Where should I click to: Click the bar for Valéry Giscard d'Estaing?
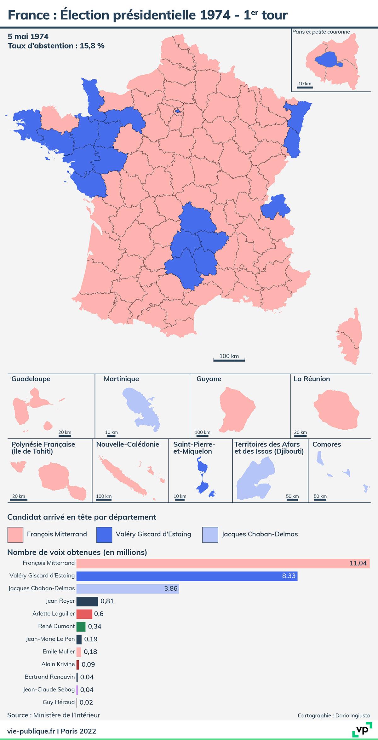[x=187, y=576]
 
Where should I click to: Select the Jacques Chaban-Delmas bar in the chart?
[x=128, y=589]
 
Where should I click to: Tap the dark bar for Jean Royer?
[x=87, y=601]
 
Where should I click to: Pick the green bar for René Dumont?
[x=81, y=627]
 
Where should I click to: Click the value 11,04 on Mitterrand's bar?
[x=358, y=563]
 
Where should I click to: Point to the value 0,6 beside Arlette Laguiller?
[x=99, y=614]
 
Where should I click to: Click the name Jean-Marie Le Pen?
[x=50, y=639]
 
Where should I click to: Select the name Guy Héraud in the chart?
[x=59, y=702]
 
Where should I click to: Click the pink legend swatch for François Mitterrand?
[x=15, y=535]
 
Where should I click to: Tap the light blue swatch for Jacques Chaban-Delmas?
[x=210, y=535]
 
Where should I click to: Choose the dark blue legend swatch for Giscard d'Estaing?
[x=104, y=535]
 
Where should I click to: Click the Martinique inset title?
[x=121, y=379]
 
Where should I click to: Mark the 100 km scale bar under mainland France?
[x=229, y=359]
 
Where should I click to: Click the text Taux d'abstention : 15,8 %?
[x=56, y=46]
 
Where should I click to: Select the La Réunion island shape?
[x=336, y=408]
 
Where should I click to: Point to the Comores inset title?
[x=327, y=444]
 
